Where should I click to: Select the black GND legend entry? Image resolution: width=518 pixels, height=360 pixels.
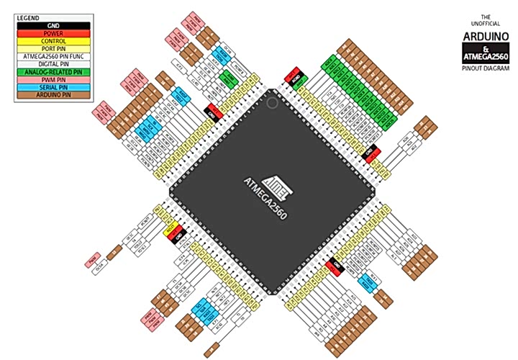(52, 25)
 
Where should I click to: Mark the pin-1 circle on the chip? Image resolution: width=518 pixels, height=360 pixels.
(272, 103)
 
